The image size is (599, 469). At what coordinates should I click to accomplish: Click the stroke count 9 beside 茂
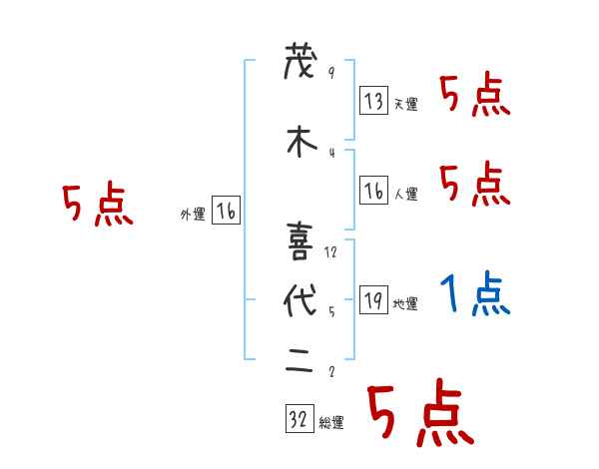click(330, 73)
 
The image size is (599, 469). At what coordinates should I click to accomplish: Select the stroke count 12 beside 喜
click(331, 251)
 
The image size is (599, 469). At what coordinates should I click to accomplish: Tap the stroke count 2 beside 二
click(330, 372)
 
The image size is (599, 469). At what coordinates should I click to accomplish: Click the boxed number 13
click(373, 101)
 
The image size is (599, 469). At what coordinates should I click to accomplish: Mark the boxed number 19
click(373, 300)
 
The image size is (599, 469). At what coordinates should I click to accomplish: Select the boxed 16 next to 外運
click(226, 211)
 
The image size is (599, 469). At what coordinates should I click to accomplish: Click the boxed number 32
click(298, 419)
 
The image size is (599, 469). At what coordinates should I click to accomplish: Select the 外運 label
click(193, 214)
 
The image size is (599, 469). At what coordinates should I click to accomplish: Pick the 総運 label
click(330, 423)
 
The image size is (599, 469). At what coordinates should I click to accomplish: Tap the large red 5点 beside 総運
click(418, 414)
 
